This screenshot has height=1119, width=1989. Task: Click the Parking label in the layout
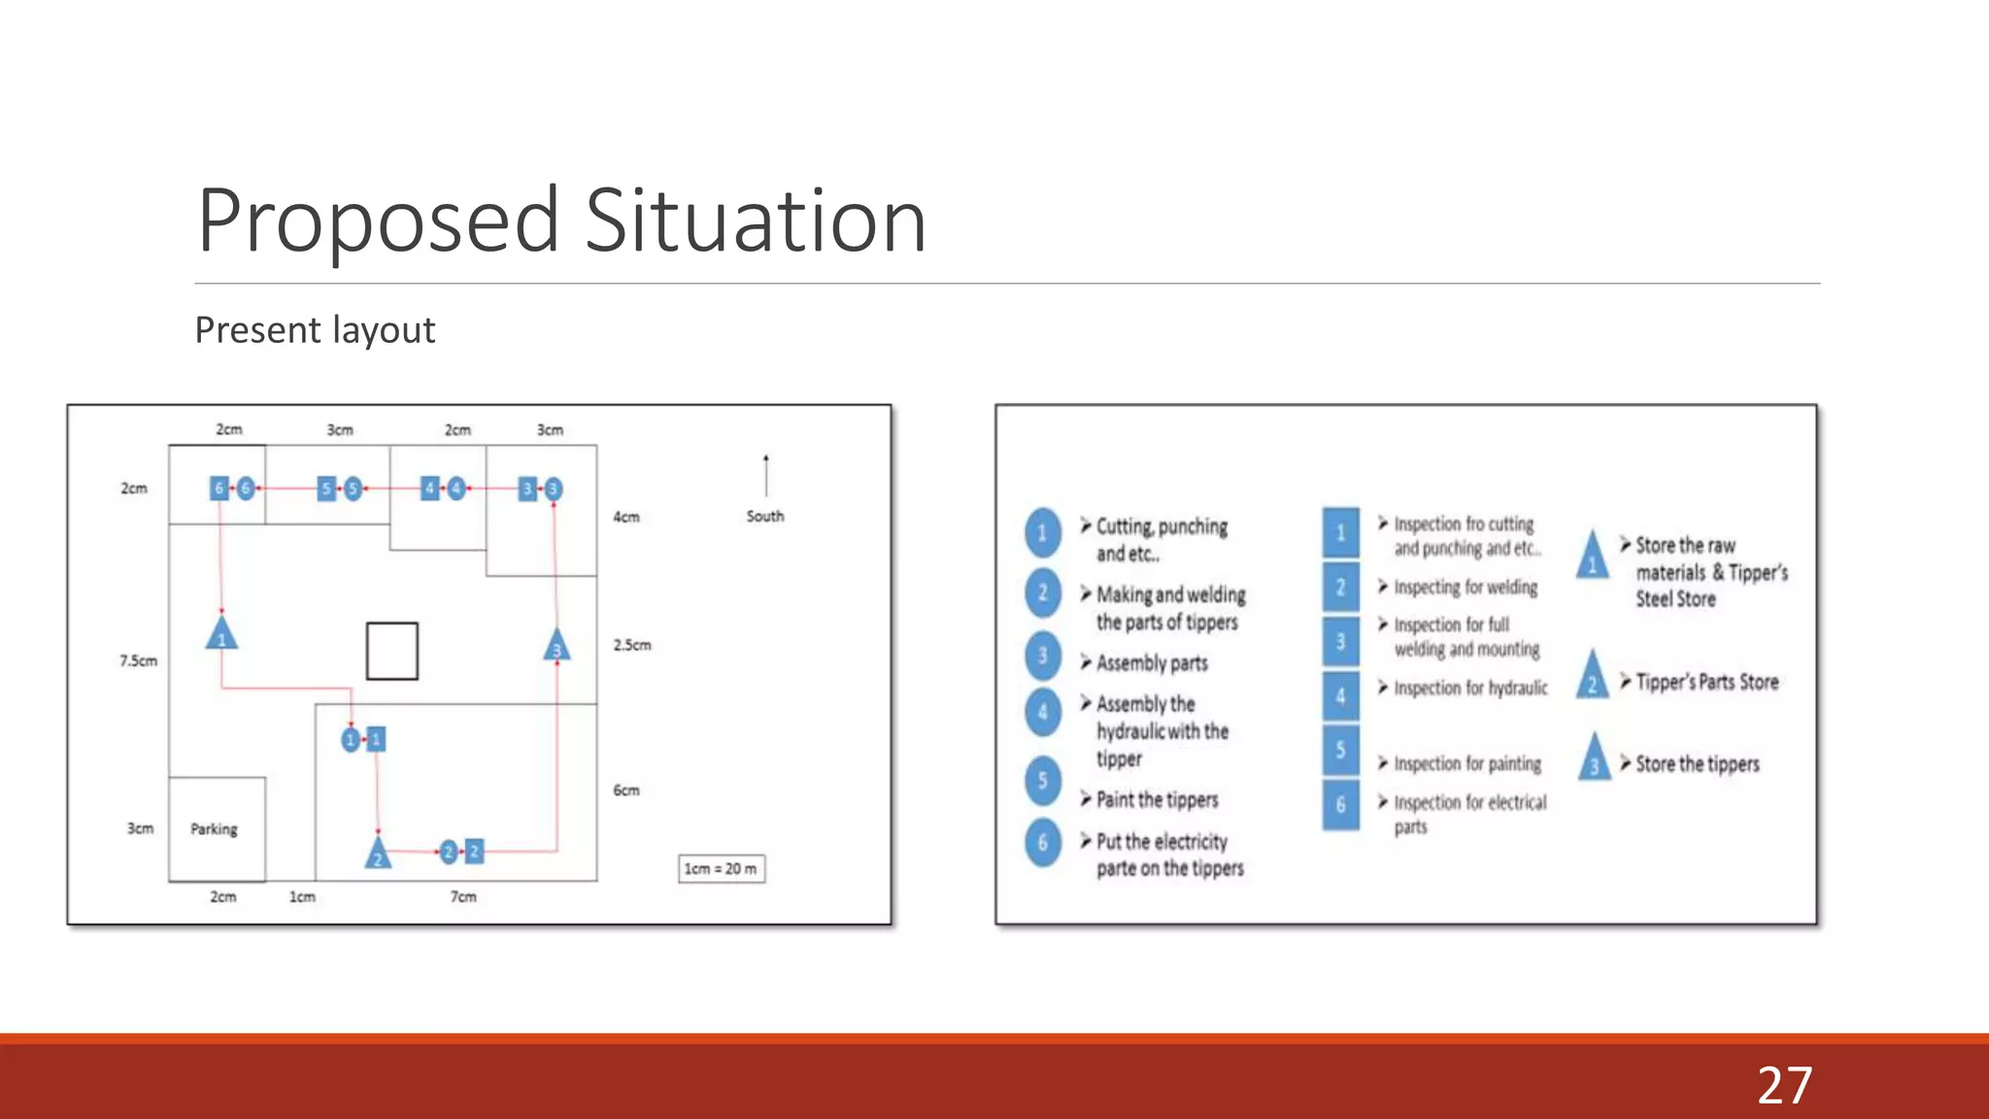pos(214,829)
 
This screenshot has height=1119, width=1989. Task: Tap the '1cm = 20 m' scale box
pos(721,868)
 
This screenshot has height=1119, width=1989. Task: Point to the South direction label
pos(765,516)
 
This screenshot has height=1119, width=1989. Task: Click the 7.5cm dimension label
pos(138,661)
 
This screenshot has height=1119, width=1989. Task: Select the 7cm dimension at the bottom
pos(463,897)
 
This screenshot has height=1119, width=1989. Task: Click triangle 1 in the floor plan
pos(221,634)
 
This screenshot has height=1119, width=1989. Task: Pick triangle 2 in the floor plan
pos(378,853)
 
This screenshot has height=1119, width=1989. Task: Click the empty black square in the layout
pos(392,651)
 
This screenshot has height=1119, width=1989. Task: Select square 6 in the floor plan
pos(219,488)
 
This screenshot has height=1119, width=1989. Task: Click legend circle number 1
pos(1043,532)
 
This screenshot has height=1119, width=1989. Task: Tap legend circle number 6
pos(1043,842)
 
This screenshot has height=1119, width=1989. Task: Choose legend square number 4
pos(1340,695)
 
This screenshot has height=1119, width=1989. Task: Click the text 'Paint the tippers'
pos(1157,799)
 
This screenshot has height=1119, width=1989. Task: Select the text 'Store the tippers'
pos(1697,763)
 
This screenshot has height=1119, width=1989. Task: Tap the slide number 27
pos(1784,1085)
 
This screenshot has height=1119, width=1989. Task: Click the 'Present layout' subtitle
pos(315,330)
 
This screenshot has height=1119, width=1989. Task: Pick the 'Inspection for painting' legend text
pos(1467,763)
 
